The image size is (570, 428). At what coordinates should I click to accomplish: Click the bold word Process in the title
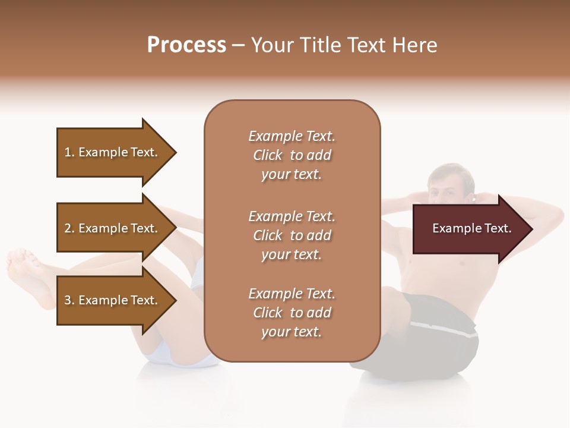tap(186, 45)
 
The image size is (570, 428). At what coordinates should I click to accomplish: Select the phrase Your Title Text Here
tap(344, 45)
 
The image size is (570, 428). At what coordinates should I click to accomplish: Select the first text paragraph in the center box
tap(292, 155)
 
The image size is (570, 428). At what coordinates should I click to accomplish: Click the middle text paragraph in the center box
tap(292, 235)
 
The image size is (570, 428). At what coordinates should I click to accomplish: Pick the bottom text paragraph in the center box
tap(292, 313)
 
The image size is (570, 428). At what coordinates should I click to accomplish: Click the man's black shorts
tap(433, 333)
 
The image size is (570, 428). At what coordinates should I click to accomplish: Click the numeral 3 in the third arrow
tap(68, 300)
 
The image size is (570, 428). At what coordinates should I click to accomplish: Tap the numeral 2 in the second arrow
tap(68, 228)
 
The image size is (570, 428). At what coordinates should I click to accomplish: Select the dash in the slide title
tap(239, 46)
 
